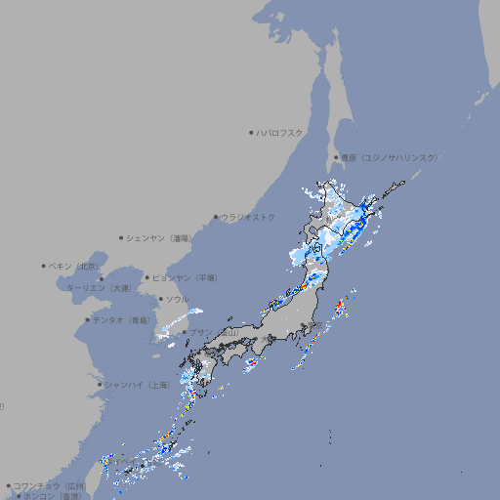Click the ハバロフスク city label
click(280, 133)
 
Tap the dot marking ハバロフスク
click(251, 132)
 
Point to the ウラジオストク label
click(248, 217)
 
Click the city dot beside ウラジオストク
click(216, 217)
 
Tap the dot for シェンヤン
click(122, 237)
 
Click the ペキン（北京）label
click(74, 266)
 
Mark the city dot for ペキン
click(44, 266)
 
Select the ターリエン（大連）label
click(99, 288)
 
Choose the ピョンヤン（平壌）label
click(185, 277)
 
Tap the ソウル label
click(177, 299)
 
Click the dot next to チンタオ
click(87, 319)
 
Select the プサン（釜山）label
click(214, 333)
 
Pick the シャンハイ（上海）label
click(136, 385)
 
